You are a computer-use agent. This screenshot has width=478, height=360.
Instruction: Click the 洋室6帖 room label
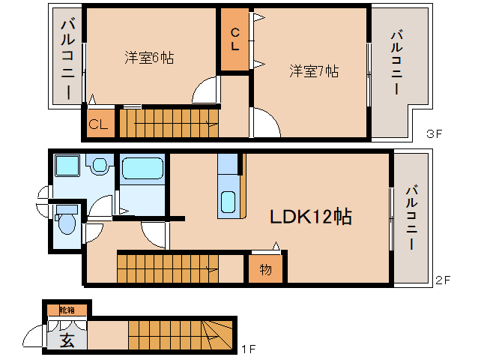click(149, 58)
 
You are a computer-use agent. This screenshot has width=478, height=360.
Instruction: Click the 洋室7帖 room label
click(315, 71)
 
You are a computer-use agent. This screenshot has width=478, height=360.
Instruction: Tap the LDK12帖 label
click(311, 217)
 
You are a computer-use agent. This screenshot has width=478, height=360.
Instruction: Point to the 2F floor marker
click(443, 280)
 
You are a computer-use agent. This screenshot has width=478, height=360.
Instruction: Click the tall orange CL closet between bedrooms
click(235, 40)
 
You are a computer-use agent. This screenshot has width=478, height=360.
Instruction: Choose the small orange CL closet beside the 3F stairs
click(98, 124)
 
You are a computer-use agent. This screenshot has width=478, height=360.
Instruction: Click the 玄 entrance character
click(67, 340)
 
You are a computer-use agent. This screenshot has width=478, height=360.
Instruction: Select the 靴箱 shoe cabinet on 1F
click(67, 308)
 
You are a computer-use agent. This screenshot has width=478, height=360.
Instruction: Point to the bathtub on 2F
click(142, 169)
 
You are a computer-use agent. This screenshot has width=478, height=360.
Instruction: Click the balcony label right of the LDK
click(411, 217)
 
